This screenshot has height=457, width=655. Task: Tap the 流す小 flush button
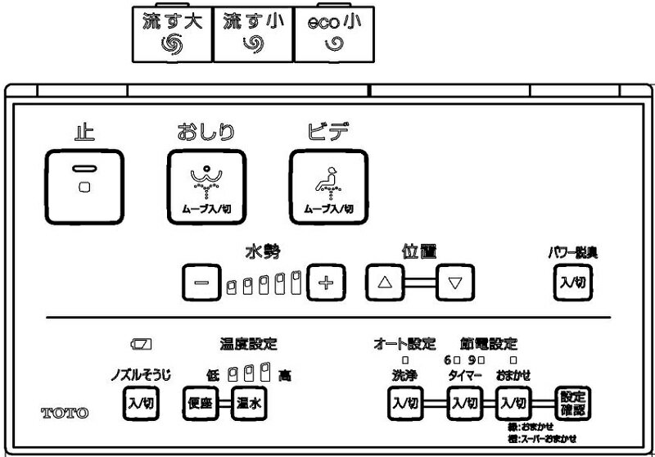(253, 34)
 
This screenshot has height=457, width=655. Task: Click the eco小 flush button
(333, 34)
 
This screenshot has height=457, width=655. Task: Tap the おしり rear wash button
(206, 187)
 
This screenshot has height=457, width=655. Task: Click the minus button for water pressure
(201, 284)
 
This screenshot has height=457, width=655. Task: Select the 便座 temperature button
(199, 402)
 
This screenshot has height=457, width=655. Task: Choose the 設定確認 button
(572, 402)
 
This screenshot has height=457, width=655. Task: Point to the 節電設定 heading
(489, 343)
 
